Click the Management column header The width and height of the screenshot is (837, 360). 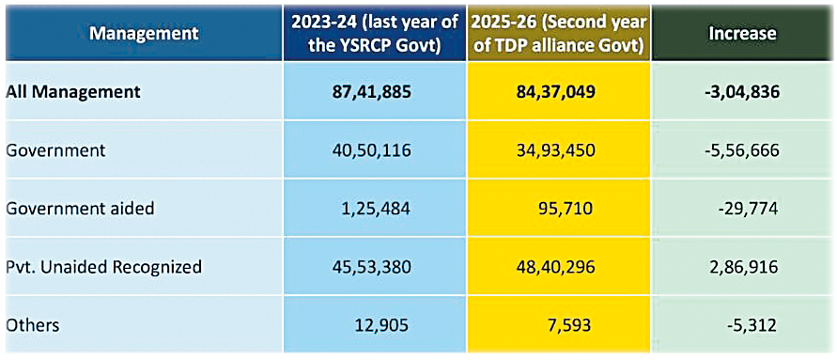click(143, 34)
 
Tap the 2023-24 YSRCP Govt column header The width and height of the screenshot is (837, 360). click(374, 34)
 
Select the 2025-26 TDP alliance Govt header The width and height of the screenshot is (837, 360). click(558, 34)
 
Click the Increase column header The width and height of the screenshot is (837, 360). click(742, 34)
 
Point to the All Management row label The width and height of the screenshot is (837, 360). click(73, 91)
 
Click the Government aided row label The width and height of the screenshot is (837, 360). click(80, 208)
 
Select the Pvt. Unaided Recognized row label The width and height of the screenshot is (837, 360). click(104, 266)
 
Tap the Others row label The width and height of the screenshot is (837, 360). click(33, 324)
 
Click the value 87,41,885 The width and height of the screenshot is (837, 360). click(370, 92)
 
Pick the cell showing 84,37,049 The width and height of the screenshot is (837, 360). click(553, 92)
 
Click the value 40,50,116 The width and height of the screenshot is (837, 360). click(371, 150)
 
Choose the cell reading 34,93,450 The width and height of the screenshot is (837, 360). click(553, 150)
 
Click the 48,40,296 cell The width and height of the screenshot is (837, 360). click(553, 266)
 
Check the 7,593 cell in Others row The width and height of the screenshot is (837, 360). click(572, 324)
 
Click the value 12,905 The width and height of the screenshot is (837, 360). click(382, 324)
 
